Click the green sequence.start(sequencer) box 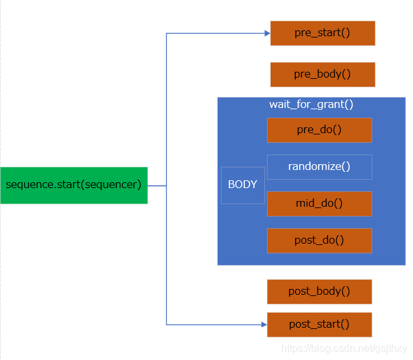pos(74,185)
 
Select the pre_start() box pos(322,33)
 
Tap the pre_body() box pos(322,74)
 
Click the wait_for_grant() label pos(311,105)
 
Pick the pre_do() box pos(319,130)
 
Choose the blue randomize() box pos(319,167)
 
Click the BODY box pos(242,185)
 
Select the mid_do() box pos(319,204)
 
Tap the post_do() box pos(319,240)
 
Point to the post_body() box pos(319,291)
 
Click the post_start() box pos(319,324)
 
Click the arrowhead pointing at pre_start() pos(267,33)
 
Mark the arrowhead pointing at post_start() pos(264,324)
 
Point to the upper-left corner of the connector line pos(167,33)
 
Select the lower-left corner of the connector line pos(167,324)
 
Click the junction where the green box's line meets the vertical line pos(167,185)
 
